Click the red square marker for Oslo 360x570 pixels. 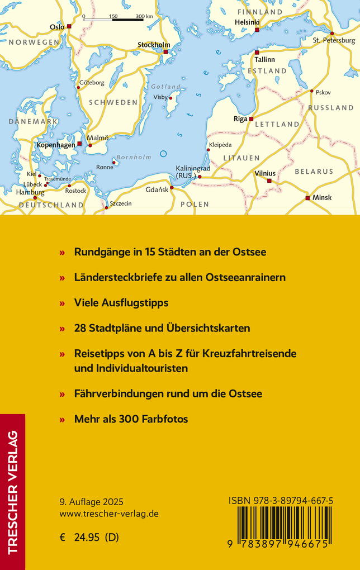click(69, 26)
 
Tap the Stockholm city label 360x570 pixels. click(154, 45)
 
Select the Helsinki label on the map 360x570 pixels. click(248, 22)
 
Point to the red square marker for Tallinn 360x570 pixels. click(257, 52)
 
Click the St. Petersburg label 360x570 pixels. click(334, 41)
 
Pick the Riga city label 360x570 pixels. click(240, 119)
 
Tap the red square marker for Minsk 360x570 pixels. click(307, 198)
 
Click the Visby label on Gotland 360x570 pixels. click(160, 97)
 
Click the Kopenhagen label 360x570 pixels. click(55, 145)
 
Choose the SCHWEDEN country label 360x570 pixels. click(113, 102)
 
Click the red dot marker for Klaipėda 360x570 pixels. click(209, 150)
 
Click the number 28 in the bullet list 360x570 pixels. click(80, 329)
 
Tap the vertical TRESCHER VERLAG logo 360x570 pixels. click(12, 492)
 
